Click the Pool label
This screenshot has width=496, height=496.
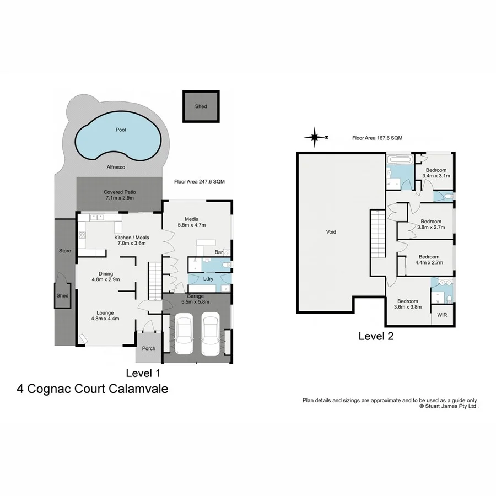[x=121, y=130]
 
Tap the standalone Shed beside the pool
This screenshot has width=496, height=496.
[x=201, y=106]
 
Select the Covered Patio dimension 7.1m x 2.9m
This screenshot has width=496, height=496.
[x=119, y=198]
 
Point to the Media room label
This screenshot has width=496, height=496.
[x=191, y=218]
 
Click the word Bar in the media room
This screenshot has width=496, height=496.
[x=218, y=252]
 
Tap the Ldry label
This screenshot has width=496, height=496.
[x=208, y=278]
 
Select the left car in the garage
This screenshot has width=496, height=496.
[x=184, y=335]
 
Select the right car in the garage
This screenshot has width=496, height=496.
[x=210, y=335]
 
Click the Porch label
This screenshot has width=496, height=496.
[x=149, y=348]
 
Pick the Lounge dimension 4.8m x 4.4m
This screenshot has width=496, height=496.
[x=105, y=319]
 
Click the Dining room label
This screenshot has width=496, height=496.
[x=105, y=273]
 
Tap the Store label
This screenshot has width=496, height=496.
[x=65, y=251]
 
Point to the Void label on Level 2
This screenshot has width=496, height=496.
[x=331, y=232]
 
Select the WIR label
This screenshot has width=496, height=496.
[x=442, y=315]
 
